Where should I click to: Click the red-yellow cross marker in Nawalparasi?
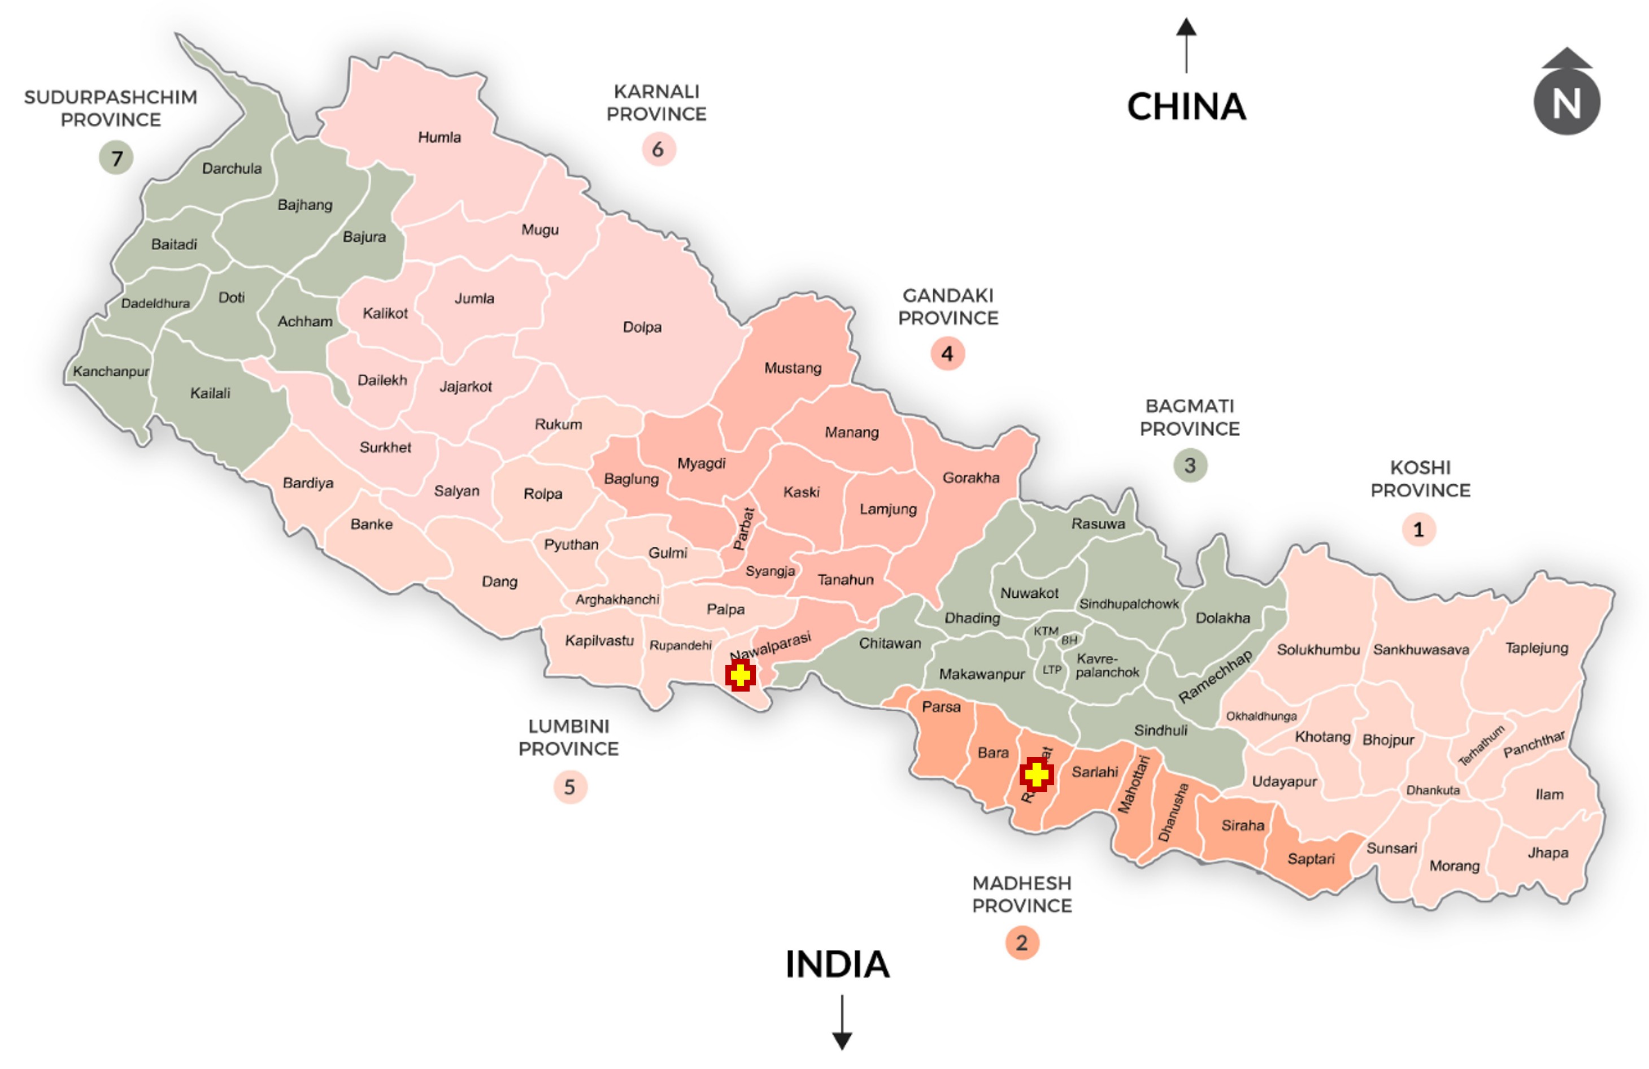click(x=740, y=674)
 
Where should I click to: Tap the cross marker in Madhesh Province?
click(x=1037, y=774)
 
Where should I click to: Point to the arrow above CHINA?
click(x=1186, y=45)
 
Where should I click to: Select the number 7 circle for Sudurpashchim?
click(x=116, y=158)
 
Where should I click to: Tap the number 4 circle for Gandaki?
click(x=947, y=353)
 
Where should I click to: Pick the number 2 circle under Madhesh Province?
click(x=1021, y=943)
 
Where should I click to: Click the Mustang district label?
click(x=793, y=368)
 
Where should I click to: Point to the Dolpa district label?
click(x=642, y=327)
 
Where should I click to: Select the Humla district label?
click(x=440, y=137)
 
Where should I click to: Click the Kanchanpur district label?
click(x=111, y=371)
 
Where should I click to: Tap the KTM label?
click(x=1046, y=631)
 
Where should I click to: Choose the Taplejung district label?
click(x=1536, y=648)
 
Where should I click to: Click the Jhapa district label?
click(x=1548, y=853)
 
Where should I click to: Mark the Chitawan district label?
click(x=890, y=643)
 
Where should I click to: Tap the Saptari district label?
click(x=1310, y=859)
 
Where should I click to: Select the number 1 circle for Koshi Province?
click(x=1419, y=530)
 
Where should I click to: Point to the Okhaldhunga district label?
click(x=1261, y=716)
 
